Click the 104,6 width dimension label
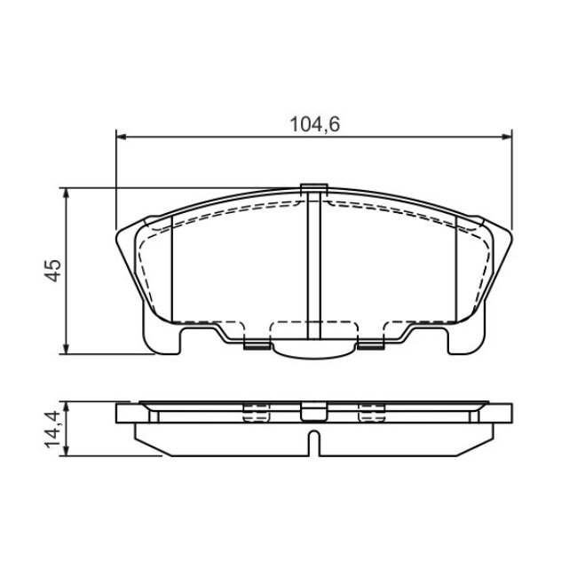click(314, 124)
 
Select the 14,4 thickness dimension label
click(52, 429)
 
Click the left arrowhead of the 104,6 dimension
click(121, 137)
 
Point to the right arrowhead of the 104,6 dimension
click(507, 137)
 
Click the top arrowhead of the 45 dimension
click(67, 194)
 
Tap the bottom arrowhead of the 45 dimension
click(67, 349)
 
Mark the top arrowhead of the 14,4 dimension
click(67, 407)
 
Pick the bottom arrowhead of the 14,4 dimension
click(67, 451)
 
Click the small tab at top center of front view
click(314, 188)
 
